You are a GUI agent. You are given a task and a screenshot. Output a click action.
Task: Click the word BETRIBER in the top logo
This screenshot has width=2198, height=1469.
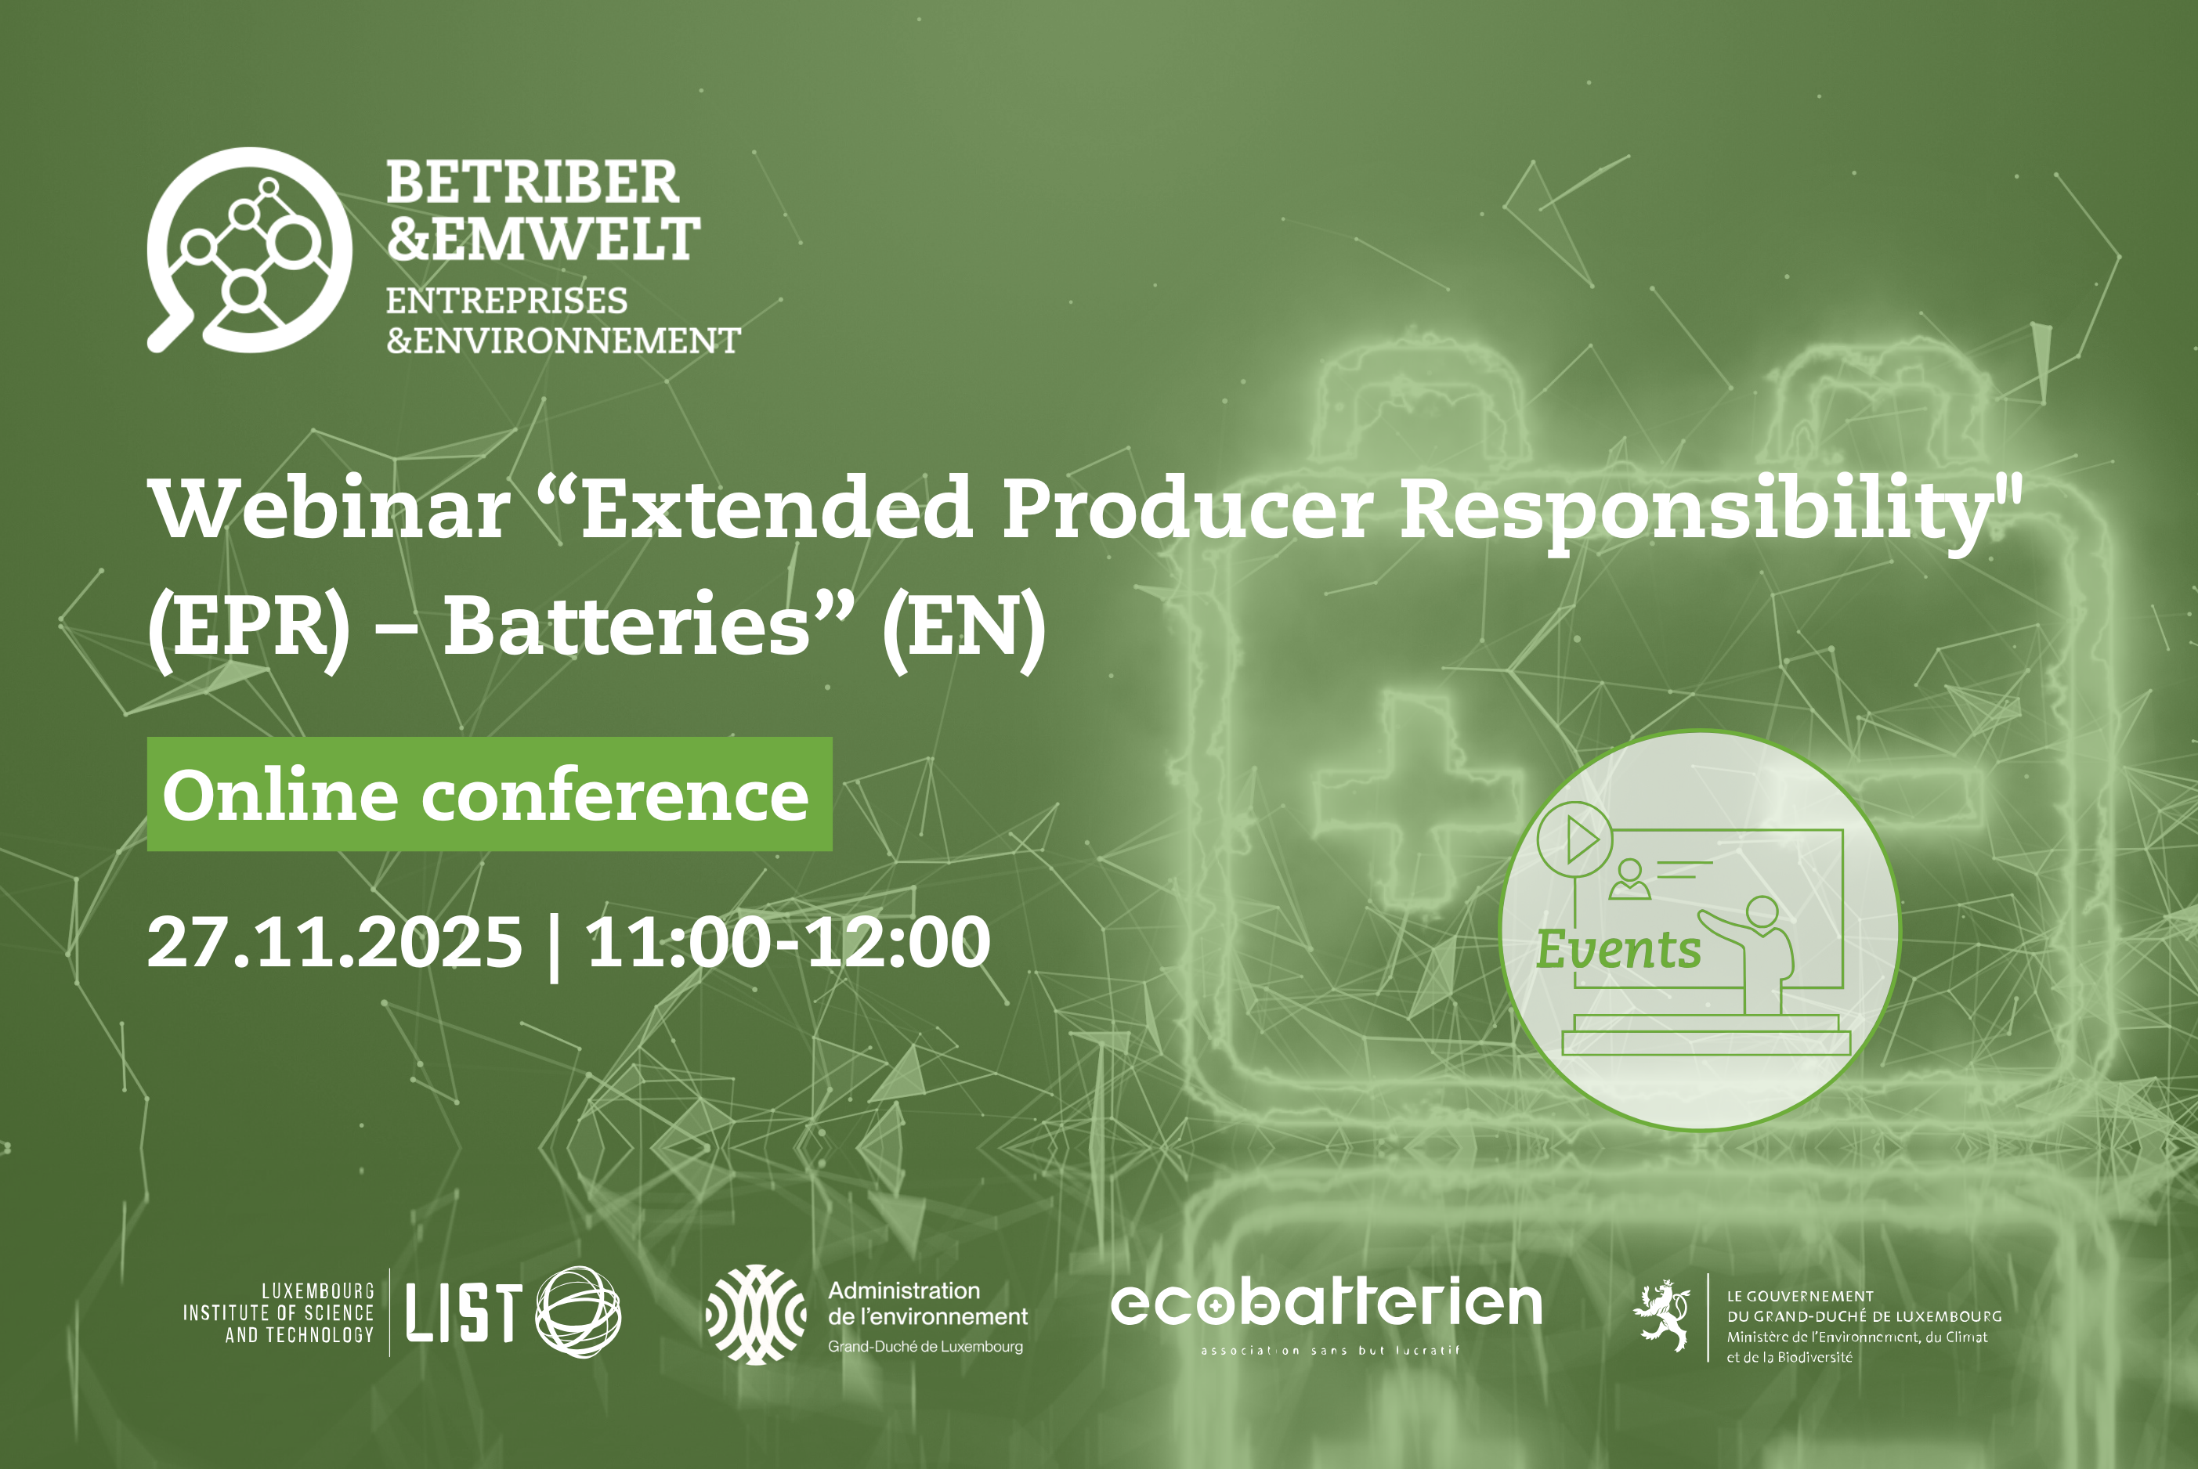click(x=532, y=182)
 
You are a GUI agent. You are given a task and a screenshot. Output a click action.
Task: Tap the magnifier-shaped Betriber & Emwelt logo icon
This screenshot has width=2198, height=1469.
click(x=249, y=250)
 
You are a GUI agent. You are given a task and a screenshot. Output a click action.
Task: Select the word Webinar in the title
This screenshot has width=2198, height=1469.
click(x=329, y=509)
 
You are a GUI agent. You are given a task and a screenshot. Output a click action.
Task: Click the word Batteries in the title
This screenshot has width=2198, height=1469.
click(x=626, y=626)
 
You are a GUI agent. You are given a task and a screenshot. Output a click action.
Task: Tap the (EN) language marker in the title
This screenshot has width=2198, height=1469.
click(x=963, y=630)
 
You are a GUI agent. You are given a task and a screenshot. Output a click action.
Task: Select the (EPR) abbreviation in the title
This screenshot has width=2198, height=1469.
click(x=249, y=630)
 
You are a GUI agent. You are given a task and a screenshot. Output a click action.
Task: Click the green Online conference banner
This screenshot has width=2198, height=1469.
click(x=489, y=795)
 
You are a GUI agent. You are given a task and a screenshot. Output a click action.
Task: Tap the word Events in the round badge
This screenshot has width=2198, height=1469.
click(x=1618, y=950)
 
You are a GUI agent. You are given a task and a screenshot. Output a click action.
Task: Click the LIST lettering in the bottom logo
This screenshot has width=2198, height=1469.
click(x=463, y=1312)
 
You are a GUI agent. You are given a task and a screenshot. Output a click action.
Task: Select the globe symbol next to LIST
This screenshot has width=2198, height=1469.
click(x=578, y=1312)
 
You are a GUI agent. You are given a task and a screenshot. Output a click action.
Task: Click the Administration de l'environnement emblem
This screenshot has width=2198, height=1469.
click(x=755, y=1315)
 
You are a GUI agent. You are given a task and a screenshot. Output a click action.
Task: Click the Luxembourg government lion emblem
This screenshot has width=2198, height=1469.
click(x=1661, y=1316)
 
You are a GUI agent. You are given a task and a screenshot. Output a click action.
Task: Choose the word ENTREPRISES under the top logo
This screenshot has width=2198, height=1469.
click(x=507, y=301)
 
